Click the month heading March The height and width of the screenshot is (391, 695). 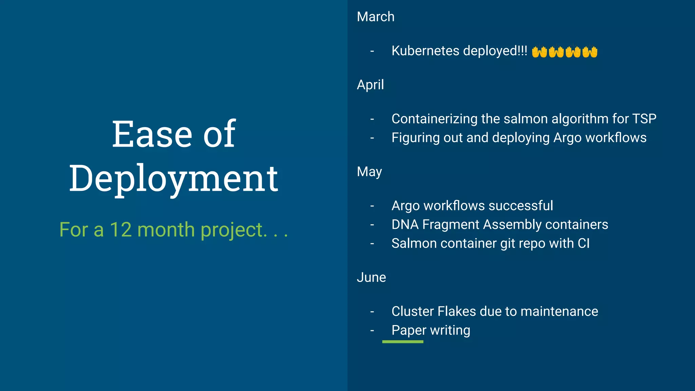(x=375, y=17)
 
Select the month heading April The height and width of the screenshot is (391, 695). (x=370, y=85)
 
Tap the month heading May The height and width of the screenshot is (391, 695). (x=369, y=172)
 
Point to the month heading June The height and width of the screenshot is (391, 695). (x=371, y=277)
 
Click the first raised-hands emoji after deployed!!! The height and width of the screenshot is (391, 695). (x=539, y=52)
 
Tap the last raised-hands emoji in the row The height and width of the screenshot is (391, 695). (x=590, y=52)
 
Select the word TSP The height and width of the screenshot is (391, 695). (x=644, y=119)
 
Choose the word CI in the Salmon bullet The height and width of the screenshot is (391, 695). (x=583, y=243)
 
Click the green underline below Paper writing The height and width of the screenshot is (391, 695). (x=402, y=342)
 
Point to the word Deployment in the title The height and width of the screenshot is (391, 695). (x=174, y=178)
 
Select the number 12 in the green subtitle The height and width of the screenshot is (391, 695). (x=120, y=230)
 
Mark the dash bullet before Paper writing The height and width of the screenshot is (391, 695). (x=372, y=330)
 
